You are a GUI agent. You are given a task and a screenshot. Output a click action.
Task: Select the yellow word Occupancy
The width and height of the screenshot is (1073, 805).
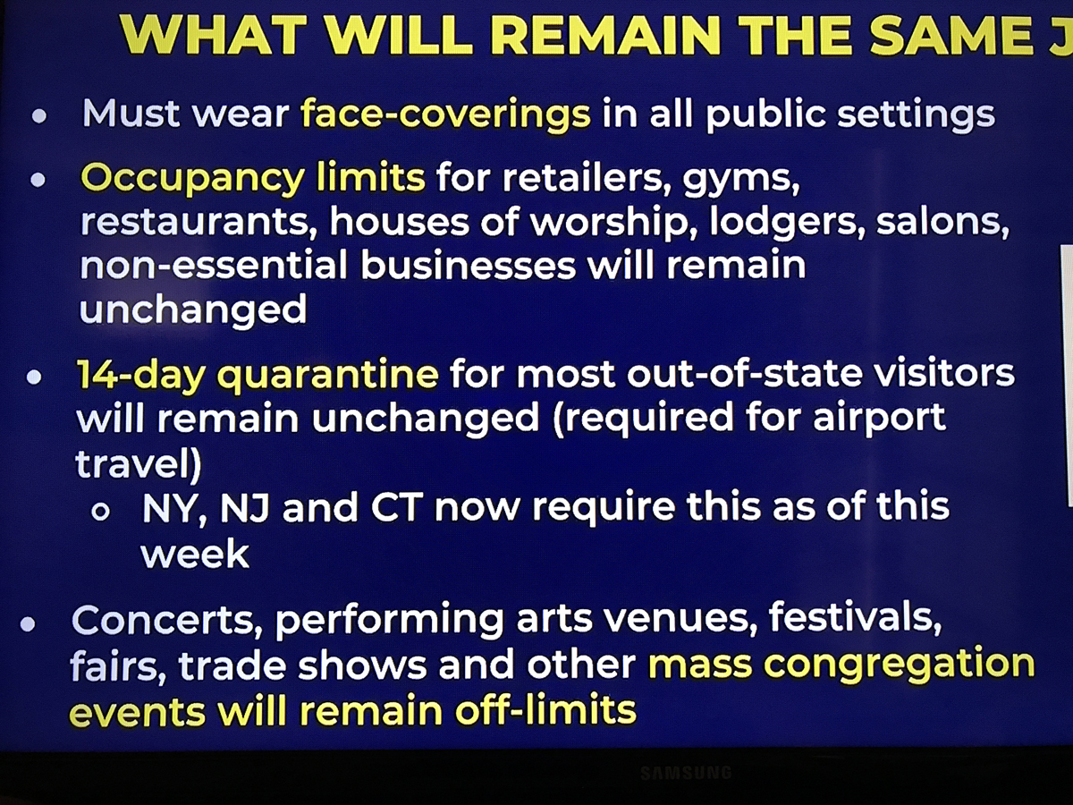(193, 179)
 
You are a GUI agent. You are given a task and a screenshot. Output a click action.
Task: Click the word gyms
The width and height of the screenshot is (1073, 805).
(741, 179)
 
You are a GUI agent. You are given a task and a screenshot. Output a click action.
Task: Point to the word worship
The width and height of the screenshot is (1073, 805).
(614, 222)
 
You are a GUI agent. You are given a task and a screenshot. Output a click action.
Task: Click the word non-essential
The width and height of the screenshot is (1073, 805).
(214, 266)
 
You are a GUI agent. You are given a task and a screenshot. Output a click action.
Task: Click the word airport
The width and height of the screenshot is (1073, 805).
(879, 419)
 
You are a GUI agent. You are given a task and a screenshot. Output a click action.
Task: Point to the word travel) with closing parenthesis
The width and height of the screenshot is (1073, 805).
(139, 464)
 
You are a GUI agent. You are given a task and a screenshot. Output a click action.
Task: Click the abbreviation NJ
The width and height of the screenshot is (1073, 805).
(244, 508)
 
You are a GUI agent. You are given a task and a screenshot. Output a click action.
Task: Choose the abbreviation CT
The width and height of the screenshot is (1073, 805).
(396, 508)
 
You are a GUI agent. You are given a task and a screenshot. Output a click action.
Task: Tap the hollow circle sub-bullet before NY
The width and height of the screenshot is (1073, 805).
(101, 512)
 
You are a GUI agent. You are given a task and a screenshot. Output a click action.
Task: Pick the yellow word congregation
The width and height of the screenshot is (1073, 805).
(900, 665)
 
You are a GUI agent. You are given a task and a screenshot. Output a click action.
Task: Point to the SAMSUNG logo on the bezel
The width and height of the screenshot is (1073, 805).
(686, 773)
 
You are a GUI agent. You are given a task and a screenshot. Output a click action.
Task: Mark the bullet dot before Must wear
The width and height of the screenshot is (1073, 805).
(39, 116)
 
